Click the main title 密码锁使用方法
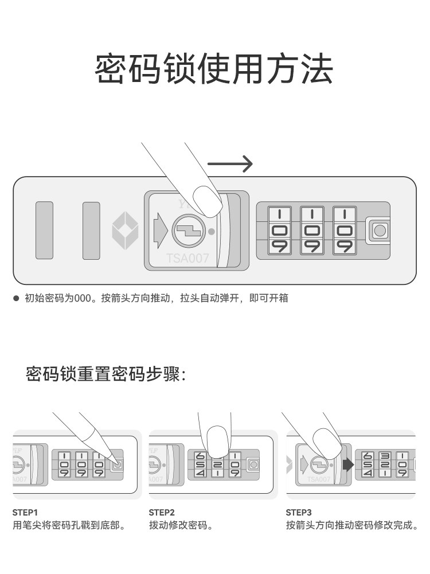pos(214,69)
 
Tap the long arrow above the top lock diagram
pos(229,164)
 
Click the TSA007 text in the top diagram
pos(187,259)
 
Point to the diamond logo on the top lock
pos(124,231)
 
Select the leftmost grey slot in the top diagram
pos(44,230)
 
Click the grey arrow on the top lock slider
pos(159,230)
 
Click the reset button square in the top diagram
pos(379,231)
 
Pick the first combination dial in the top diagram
pos(280,231)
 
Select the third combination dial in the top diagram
pos(344,231)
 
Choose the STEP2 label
pos(161,512)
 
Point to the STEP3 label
pos(298,512)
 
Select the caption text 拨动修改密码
pos(181,525)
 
